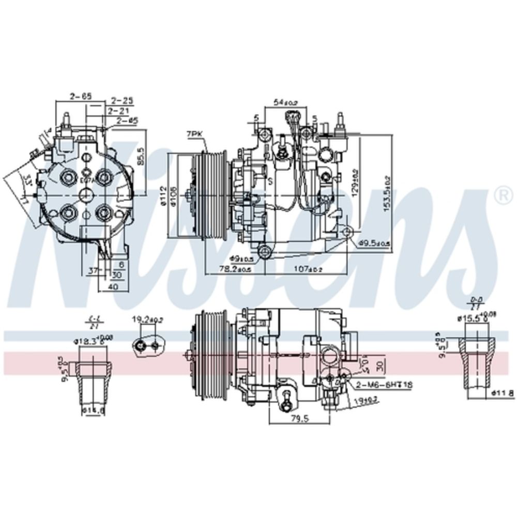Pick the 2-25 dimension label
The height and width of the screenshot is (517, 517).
click(122, 100)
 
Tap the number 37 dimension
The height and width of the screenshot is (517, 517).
click(93, 271)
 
